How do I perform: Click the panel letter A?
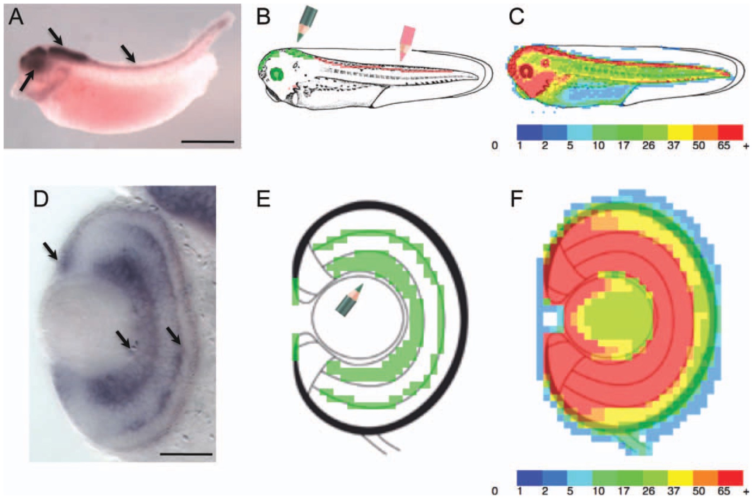pyautogui.click(x=16, y=17)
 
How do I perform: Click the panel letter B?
pyautogui.click(x=263, y=17)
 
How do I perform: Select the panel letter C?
pyautogui.click(x=517, y=17)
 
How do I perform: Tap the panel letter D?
pyautogui.click(x=41, y=199)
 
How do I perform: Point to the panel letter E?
pyautogui.click(x=263, y=199)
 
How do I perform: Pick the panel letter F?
pyautogui.click(x=517, y=199)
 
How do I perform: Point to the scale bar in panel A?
pyautogui.click(x=208, y=142)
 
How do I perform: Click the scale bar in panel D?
pyautogui.click(x=186, y=453)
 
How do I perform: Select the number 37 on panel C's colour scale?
pyautogui.click(x=674, y=146)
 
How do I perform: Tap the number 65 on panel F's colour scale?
pyautogui.click(x=724, y=491)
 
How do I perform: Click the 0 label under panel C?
pyautogui.click(x=494, y=146)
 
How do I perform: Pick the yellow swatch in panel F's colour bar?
pyautogui.click(x=680, y=478)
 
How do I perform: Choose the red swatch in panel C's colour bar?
pyautogui.click(x=731, y=132)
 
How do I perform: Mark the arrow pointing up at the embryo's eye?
pyautogui.click(x=27, y=80)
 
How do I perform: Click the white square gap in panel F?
pyautogui.click(x=550, y=319)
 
